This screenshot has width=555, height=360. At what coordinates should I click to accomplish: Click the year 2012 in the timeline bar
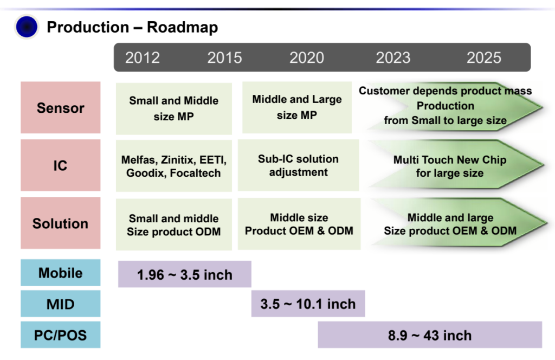pos(143,57)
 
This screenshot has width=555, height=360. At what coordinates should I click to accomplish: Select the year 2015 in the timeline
pos(224,57)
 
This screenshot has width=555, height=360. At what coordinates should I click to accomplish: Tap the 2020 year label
pos(307,57)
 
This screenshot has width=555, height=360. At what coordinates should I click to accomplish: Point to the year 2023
pos(393,57)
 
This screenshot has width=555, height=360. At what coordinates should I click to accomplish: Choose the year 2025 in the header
pos(484,57)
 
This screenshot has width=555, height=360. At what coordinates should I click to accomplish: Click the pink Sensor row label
pos(61,107)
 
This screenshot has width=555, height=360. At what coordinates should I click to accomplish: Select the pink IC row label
pos(61,165)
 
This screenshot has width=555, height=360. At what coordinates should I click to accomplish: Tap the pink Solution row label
pos(61,223)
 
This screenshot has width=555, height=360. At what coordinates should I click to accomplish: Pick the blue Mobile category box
pos(61,273)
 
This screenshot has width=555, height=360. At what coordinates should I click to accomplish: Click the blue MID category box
pos(61,304)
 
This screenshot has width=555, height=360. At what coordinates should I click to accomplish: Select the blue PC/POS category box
pos(61,335)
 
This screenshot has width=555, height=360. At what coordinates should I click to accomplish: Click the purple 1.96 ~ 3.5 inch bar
pos(185,274)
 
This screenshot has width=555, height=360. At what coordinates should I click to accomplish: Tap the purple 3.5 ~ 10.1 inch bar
pos(308,304)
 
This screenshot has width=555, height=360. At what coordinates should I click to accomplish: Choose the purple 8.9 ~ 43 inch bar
pos(430,335)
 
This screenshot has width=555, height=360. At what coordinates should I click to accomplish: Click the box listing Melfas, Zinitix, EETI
pos(174,165)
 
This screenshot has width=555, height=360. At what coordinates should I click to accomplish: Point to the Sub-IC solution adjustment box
pos(298,165)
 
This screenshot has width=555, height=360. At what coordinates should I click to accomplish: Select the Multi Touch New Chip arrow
pos(450,166)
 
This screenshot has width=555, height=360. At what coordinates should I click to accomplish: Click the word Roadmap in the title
pos(182,27)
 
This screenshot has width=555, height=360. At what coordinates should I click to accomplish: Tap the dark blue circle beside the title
pos(27,27)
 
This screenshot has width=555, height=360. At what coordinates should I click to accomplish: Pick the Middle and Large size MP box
pos(297,107)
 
